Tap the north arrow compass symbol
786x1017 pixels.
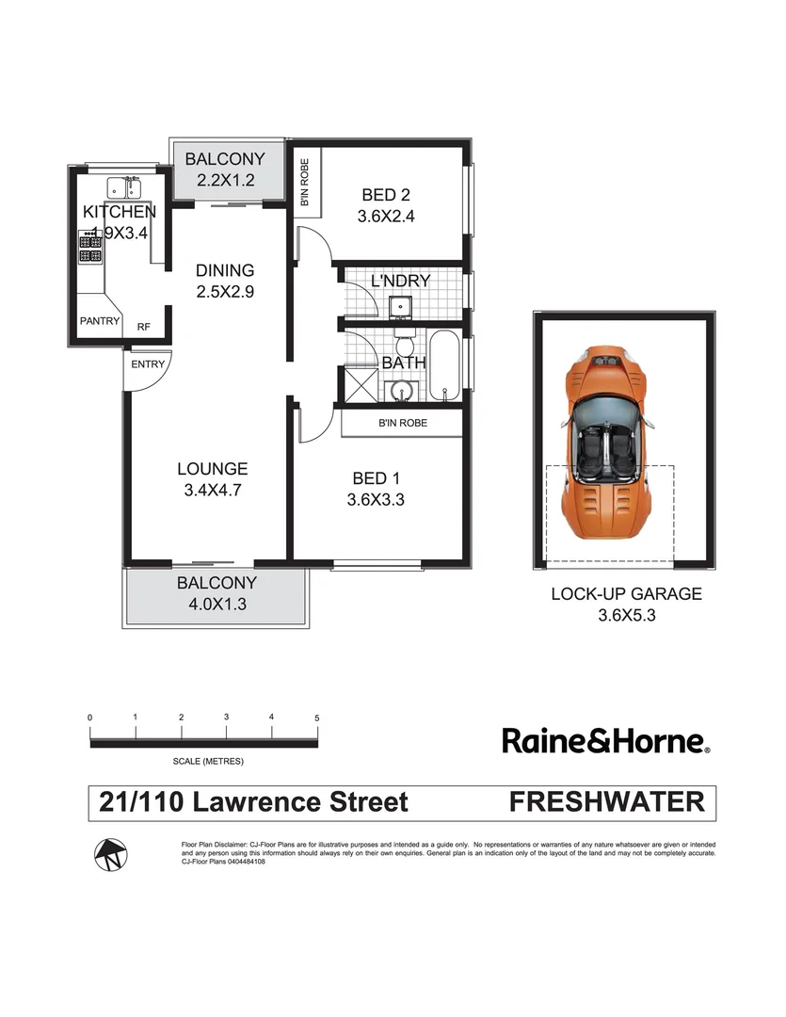click(110, 854)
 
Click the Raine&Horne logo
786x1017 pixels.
click(606, 741)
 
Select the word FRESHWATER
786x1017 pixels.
click(606, 802)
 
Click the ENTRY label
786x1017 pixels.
click(148, 364)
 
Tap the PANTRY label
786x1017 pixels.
click(100, 321)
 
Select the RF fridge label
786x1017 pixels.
click(143, 327)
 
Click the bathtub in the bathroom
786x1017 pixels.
click(443, 365)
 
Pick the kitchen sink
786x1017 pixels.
click(122, 186)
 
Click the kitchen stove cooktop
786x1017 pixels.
click(91, 248)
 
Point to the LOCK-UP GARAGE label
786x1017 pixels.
click(626, 594)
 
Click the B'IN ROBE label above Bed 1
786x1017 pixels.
click(402, 424)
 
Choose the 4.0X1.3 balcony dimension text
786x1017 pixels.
click(217, 605)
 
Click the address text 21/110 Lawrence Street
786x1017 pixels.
click(254, 802)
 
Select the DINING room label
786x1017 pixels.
click(225, 271)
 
